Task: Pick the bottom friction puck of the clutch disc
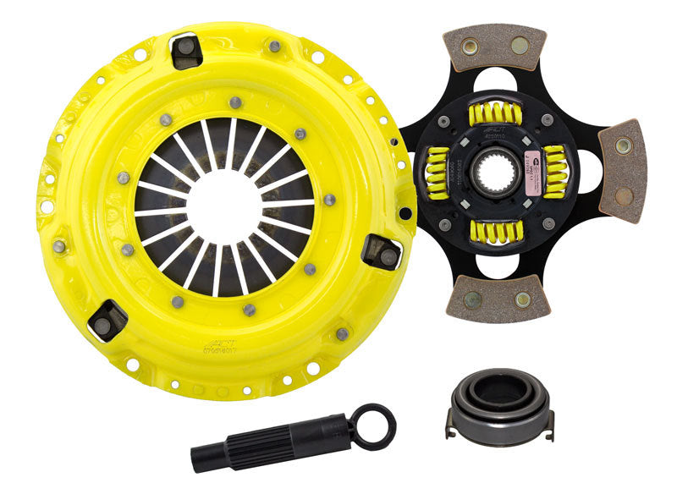498,299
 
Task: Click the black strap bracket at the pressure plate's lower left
107,319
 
